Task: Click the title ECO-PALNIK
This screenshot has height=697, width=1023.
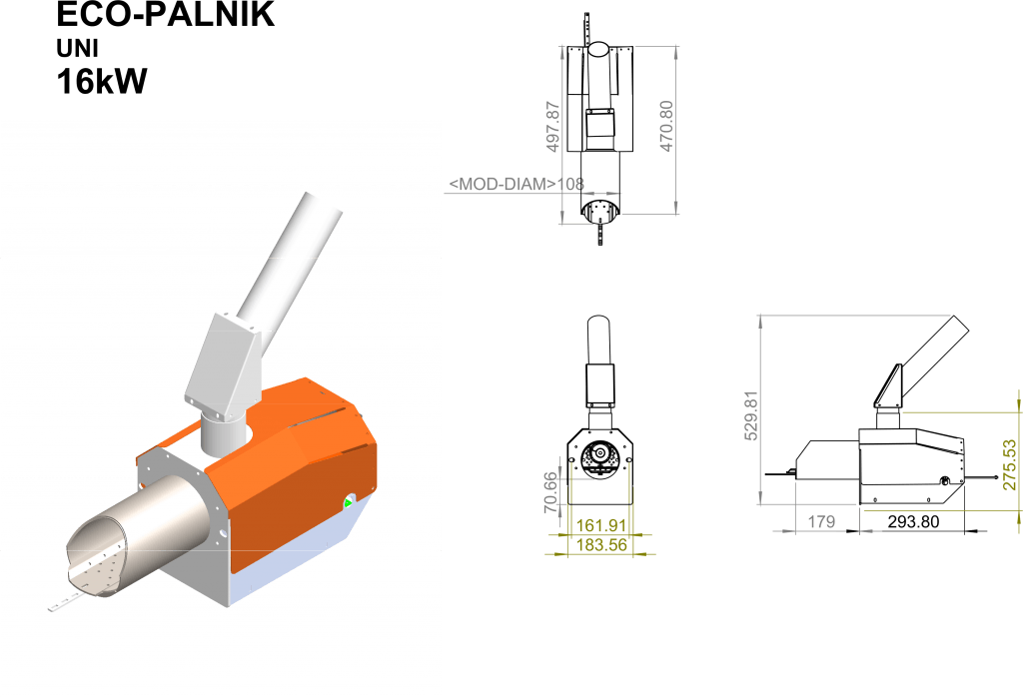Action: (165, 14)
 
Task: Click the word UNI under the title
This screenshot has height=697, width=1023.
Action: (77, 49)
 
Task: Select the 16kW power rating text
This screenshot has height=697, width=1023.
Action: (102, 82)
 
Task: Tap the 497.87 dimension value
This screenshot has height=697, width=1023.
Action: (552, 127)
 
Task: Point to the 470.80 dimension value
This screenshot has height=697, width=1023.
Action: (666, 126)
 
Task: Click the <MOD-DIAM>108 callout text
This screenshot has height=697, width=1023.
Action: (516, 184)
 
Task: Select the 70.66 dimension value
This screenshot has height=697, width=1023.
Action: (551, 492)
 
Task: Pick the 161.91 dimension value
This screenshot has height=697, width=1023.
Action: (600, 525)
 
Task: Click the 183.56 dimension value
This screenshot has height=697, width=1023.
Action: (600, 544)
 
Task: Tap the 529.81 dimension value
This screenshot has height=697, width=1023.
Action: (751, 415)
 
